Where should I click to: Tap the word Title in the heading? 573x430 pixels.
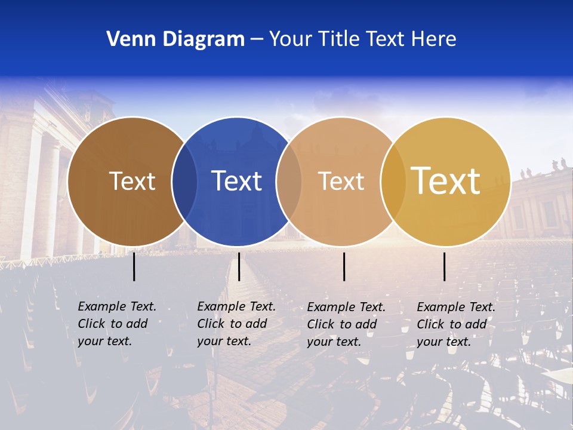tap(337, 39)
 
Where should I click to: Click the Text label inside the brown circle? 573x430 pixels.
tap(132, 182)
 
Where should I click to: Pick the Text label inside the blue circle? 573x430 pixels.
tap(236, 182)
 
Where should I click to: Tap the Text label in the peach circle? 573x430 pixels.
tap(341, 182)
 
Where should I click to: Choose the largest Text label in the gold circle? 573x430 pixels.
tap(446, 181)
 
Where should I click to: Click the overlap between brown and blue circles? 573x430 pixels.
tap(184, 182)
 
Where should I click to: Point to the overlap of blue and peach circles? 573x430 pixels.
tap(289, 182)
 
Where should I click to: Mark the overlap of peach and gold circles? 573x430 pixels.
tap(393, 182)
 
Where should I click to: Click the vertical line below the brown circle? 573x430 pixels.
tap(134, 266)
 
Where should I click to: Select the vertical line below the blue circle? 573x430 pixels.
tap(239, 266)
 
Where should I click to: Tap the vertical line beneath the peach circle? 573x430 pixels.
tap(344, 266)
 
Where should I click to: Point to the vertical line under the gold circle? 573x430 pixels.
tap(444, 266)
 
